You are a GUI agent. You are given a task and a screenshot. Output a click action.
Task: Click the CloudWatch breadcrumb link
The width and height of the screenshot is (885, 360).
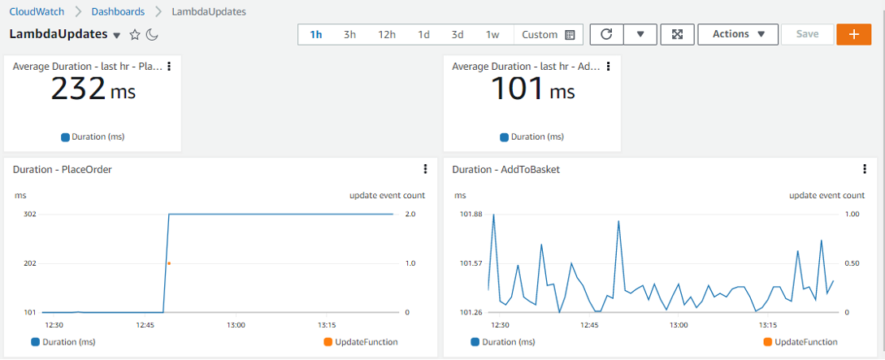point(37,12)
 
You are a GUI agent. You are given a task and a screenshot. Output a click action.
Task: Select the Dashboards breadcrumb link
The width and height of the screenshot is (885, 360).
point(118,12)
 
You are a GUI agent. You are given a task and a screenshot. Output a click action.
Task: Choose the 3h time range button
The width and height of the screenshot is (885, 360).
point(349,35)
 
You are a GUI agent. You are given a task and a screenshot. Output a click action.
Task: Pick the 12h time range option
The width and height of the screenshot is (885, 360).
point(387,35)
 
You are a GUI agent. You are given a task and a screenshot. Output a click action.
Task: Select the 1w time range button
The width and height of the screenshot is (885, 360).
point(492,35)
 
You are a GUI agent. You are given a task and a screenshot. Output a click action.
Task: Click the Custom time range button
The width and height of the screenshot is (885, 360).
point(548,35)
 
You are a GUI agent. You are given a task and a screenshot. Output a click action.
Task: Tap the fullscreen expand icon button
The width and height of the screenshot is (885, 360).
point(678,35)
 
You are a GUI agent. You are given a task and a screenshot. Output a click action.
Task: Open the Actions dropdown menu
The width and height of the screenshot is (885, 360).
point(738,35)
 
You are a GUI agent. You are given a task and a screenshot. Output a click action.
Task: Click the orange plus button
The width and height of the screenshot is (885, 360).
point(853,35)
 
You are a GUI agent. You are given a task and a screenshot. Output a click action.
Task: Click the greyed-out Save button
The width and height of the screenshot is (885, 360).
point(807,35)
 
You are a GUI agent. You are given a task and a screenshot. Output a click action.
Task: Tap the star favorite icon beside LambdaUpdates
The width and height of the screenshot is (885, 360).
point(135,35)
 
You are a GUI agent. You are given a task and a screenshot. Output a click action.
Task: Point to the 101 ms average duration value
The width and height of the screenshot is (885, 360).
point(532,89)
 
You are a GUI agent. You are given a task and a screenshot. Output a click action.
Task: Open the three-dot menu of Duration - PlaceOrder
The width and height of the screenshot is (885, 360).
point(425,169)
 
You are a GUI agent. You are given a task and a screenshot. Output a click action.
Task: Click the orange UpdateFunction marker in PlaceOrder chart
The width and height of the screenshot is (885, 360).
point(169,263)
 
